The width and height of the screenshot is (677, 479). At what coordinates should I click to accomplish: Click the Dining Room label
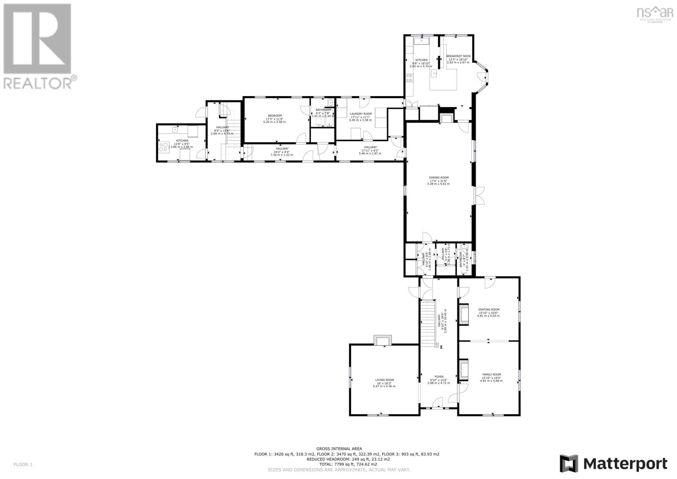(438, 178)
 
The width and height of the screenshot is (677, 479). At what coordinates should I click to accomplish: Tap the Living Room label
(384, 380)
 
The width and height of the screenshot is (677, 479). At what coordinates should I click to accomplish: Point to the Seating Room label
(489, 310)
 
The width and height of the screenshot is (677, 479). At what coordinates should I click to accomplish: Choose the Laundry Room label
(361, 114)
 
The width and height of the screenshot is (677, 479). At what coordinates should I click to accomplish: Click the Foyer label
(439, 377)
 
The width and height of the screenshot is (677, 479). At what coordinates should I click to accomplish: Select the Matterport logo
(614, 464)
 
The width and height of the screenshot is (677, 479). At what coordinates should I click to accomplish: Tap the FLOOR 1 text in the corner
(23, 465)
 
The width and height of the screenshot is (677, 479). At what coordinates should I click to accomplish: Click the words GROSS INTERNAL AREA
(338, 449)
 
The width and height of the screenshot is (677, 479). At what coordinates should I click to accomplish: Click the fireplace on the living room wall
(383, 340)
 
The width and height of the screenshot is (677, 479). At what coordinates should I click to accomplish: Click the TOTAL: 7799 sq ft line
(338, 464)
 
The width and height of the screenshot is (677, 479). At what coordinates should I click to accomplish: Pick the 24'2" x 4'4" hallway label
(282, 149)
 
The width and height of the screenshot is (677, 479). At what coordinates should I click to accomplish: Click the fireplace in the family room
(463, 369)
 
